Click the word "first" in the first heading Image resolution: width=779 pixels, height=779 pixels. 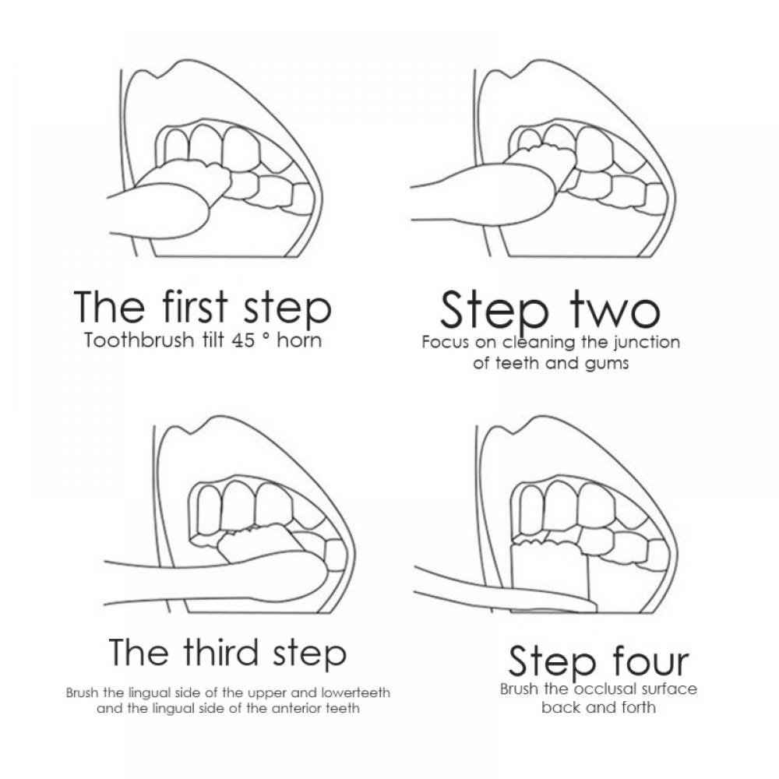[x=195, y=306]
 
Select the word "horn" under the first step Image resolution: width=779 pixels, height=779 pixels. [x=299, y=340]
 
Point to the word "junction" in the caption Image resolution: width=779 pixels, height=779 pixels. [x=647, y=343]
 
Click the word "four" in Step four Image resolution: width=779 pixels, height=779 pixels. [x=650, y=661]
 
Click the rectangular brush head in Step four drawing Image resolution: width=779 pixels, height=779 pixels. [x=549, y=571]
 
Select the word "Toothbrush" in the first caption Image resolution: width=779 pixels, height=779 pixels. [x=139, y=340]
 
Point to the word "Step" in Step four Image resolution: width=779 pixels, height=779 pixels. [x=552, y=663]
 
